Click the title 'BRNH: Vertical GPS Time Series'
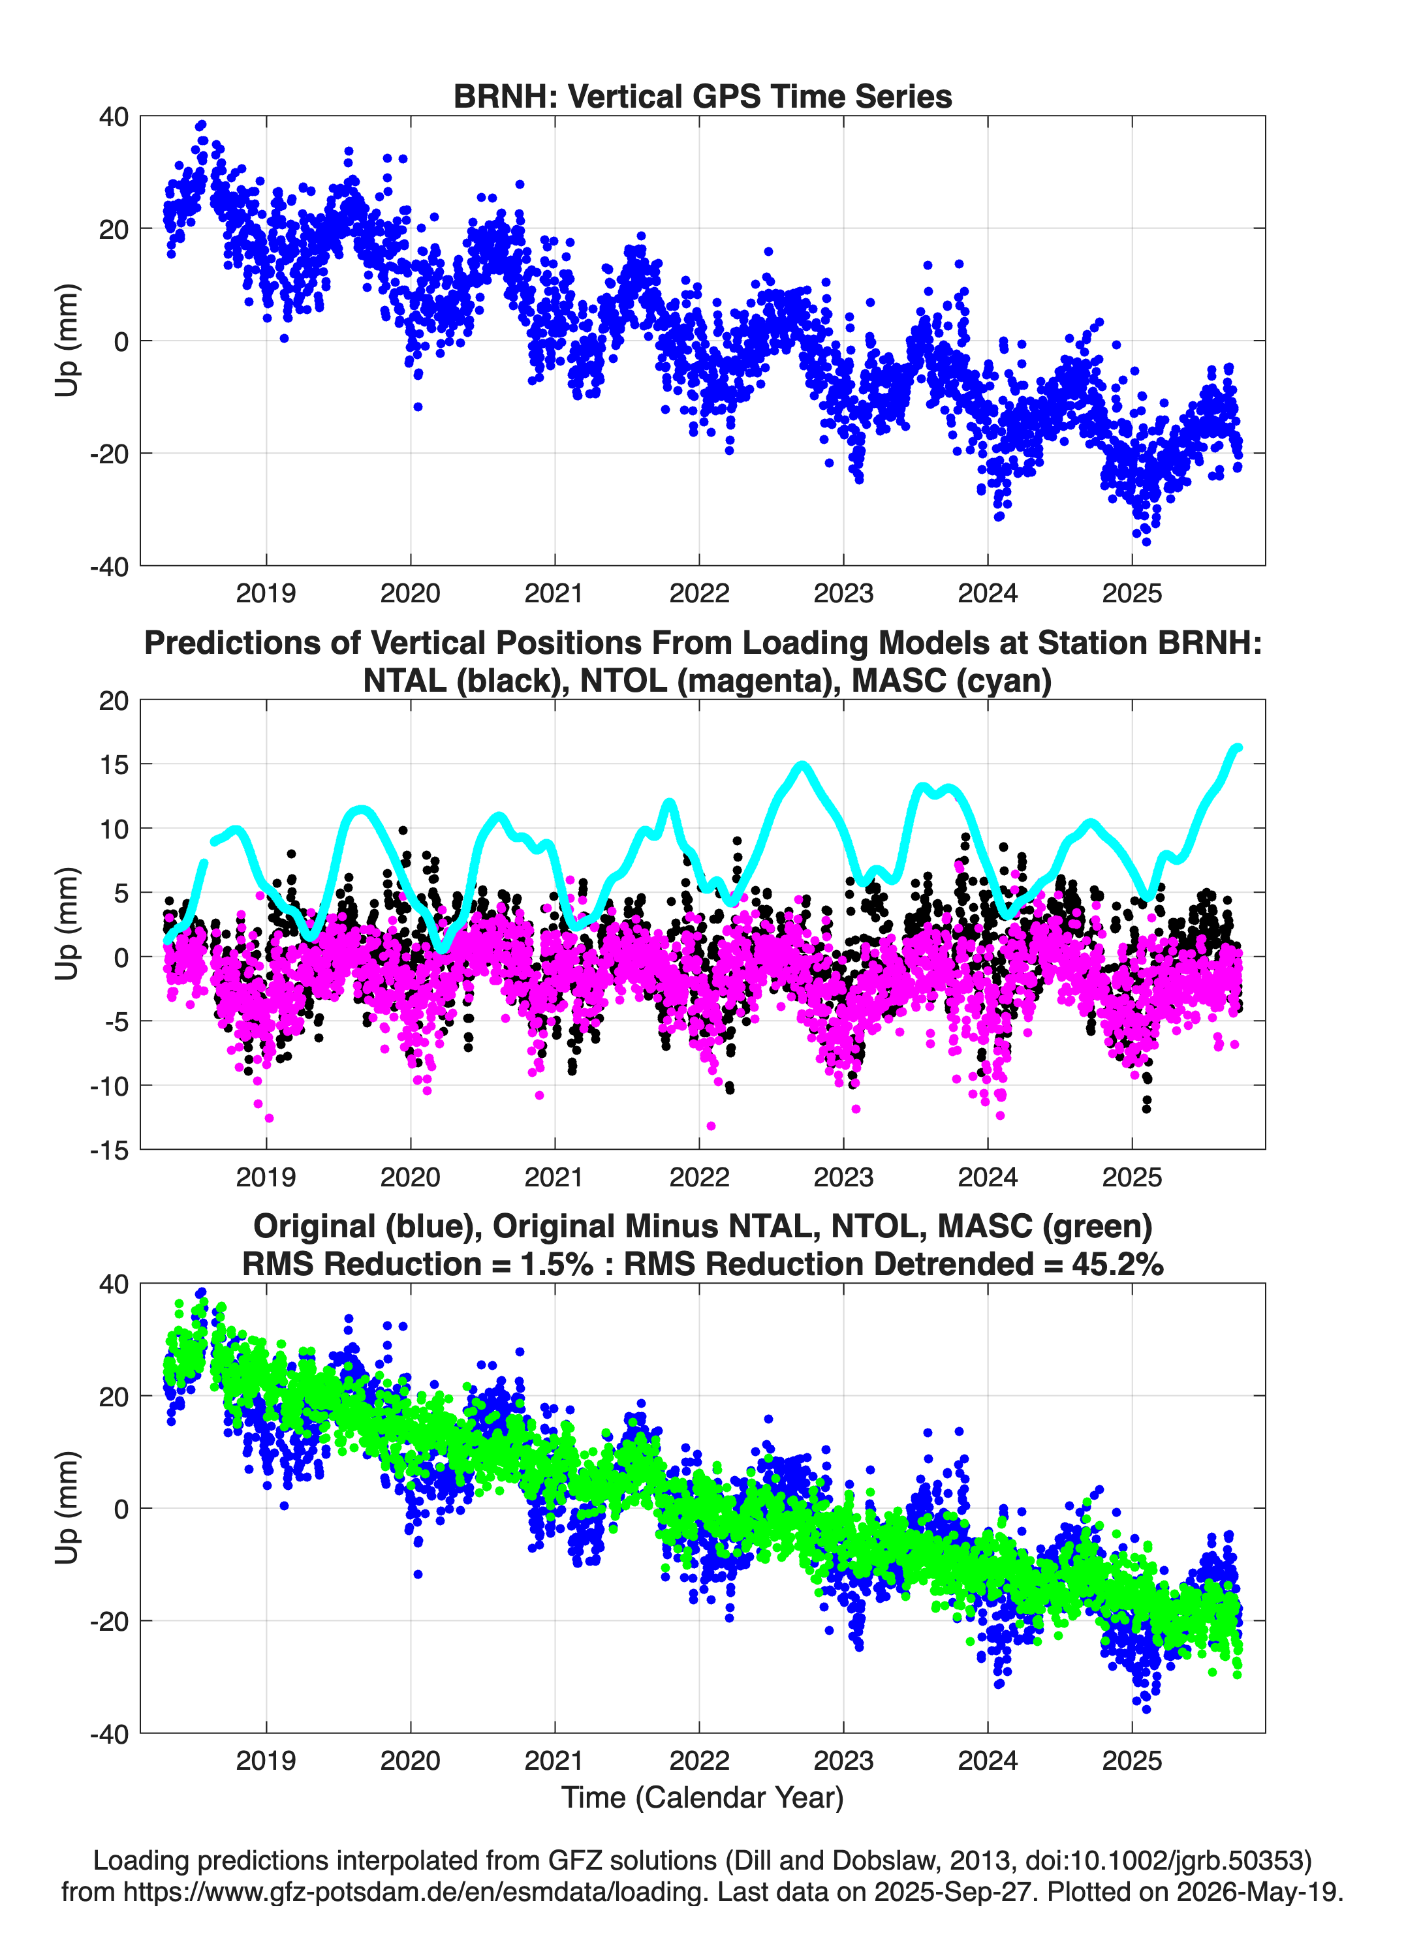(702, 96)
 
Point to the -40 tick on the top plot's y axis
(109, 566)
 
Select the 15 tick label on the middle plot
(114, 764)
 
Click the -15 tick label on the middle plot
(109, 1150)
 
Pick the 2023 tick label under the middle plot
(843, 1177)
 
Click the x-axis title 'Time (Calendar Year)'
(702, 1797)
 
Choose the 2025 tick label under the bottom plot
(1131, 1760)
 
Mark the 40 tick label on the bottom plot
(114, 1284)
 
